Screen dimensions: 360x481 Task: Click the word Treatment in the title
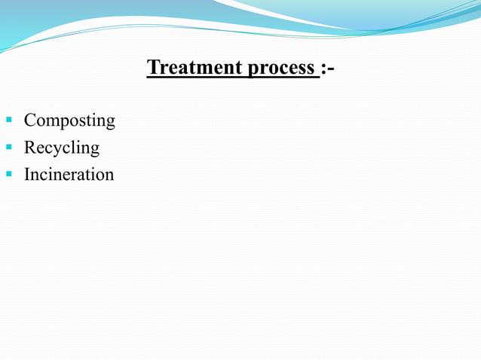(x=195, y=67)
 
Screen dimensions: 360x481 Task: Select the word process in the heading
(x=281, y=68)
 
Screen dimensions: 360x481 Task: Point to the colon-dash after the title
(x=328, y=68)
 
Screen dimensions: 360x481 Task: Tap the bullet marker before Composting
(x=10, y=121)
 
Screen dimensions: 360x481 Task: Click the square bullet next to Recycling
(x=10, y=148)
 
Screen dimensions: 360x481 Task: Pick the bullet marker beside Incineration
(x=10, y=175)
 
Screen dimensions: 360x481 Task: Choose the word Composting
(x=69, y=121)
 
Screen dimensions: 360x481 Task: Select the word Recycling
(x=61, y=148)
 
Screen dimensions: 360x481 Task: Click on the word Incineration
(x=69, y=175)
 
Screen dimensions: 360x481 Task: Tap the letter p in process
(x=253, y=70)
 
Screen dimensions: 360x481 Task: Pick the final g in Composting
(x=110, y=123)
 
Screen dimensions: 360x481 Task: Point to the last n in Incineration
(x=109, y=175)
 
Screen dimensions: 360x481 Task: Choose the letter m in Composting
(x=55, y=121)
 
